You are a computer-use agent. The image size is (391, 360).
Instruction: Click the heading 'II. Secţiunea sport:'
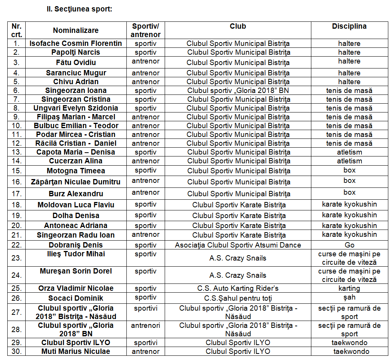[79, 9]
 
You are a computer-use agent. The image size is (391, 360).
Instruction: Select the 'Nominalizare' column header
[76, 31]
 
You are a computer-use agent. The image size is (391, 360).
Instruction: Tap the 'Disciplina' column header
[349, 26]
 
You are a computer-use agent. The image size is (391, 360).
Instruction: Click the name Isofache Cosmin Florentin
[76, 44]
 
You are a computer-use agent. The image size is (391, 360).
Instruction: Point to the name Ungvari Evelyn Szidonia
[76, 108]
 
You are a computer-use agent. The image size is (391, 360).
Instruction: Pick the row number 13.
[16, 152]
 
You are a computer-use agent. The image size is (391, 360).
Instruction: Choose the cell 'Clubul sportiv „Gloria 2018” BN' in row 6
[238, 91]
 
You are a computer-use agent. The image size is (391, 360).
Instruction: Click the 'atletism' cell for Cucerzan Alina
[349, 161]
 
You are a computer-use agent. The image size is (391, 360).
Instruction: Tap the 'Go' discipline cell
[349, 245]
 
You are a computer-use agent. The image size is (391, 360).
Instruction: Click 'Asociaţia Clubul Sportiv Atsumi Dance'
[238, 245]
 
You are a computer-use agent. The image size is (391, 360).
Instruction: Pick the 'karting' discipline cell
[349, 288]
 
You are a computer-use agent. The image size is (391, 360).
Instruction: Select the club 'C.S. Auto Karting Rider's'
[238, 288]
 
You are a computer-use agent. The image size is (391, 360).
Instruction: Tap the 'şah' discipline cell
[349, 297]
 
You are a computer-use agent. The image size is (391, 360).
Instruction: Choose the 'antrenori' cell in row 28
[146, 326]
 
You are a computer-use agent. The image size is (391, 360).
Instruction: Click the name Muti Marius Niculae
[76, 352]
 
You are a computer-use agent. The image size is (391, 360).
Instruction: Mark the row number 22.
[16, 245]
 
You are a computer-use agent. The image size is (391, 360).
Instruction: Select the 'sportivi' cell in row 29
[146, 343]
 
